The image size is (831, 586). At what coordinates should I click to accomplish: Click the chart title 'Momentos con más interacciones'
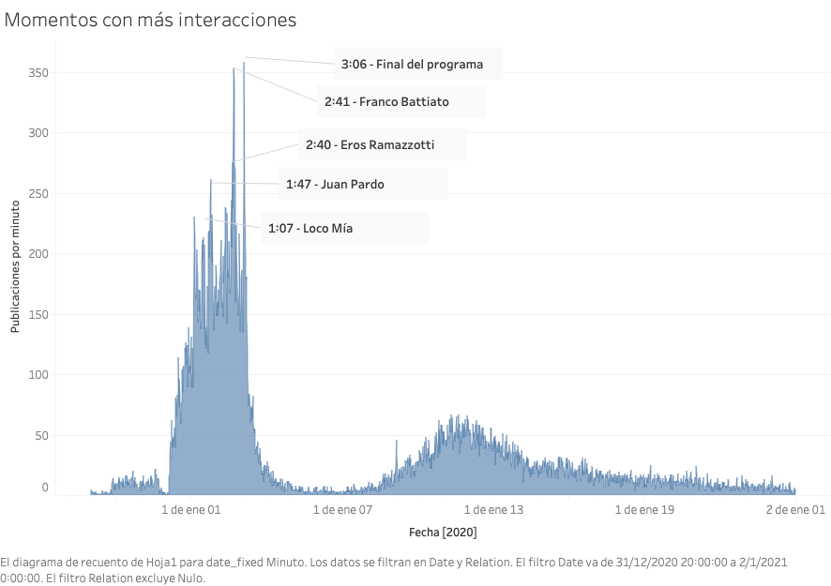[151, 19]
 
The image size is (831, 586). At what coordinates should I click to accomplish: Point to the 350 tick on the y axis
[38, 73]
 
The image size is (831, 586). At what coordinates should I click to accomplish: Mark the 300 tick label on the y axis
[38, 133]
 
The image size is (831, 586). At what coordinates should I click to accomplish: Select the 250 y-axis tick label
[38, 194]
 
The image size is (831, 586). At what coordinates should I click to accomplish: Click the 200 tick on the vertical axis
[38, 254]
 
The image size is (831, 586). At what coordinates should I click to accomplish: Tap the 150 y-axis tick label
[38, 315]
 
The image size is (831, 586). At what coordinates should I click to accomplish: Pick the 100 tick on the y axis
[38, 375]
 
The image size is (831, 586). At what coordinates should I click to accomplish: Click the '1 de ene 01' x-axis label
[190, 510]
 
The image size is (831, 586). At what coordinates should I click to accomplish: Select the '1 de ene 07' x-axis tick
[342, 510]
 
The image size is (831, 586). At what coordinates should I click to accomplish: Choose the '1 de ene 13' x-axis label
[493, 510]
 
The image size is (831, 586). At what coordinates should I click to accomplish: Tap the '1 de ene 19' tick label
[644, 510]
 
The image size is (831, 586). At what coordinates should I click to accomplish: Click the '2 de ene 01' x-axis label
[795, 510]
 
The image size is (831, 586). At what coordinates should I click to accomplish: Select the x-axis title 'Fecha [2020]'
[443, 533]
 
